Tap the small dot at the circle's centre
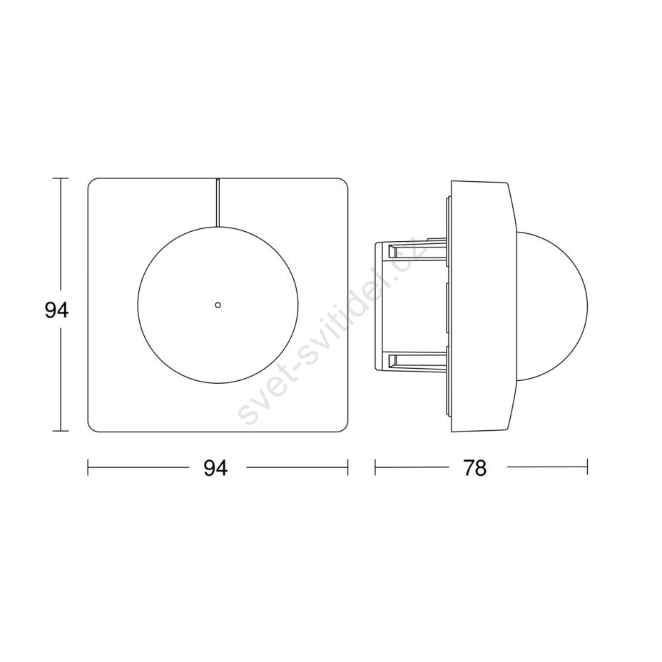pos(218,305)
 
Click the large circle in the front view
pos(138,305)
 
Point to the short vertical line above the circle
pos(218,202)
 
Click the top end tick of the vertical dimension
pos(61,178)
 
